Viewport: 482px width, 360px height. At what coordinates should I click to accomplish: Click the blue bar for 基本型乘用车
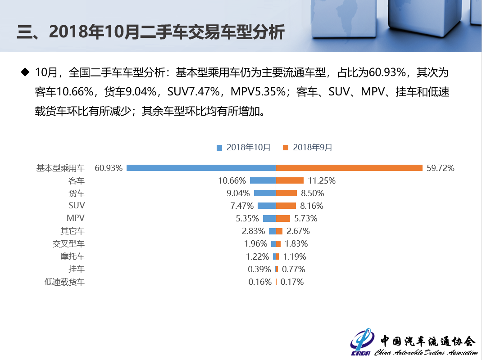[x=201, y=168]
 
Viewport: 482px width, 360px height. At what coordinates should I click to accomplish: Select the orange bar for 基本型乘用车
[x=349, y=168]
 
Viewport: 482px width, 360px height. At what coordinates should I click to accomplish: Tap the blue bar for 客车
[x=263, y=180]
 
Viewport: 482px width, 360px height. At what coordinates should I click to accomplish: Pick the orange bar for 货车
[x=286, y=193]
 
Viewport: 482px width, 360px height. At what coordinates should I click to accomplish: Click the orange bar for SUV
[x=286, y=206]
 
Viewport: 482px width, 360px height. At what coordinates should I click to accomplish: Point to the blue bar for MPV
[x=269, y=218]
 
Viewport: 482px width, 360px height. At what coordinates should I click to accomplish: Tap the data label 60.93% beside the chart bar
[x=109, y=168]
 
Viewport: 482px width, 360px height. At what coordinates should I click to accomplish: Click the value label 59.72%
[x=440, y=168]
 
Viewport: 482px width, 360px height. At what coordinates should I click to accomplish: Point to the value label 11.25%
[x=322, y=180]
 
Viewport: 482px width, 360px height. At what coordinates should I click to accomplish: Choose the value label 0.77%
[x=293, y=269]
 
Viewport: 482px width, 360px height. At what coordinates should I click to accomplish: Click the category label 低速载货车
[x=64, y=282]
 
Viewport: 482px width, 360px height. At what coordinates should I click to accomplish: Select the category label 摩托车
[x=72, y=256]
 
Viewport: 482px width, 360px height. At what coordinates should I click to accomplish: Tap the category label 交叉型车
[x=68, y=244]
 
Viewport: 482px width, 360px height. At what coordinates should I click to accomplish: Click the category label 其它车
[x=72, y=231]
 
